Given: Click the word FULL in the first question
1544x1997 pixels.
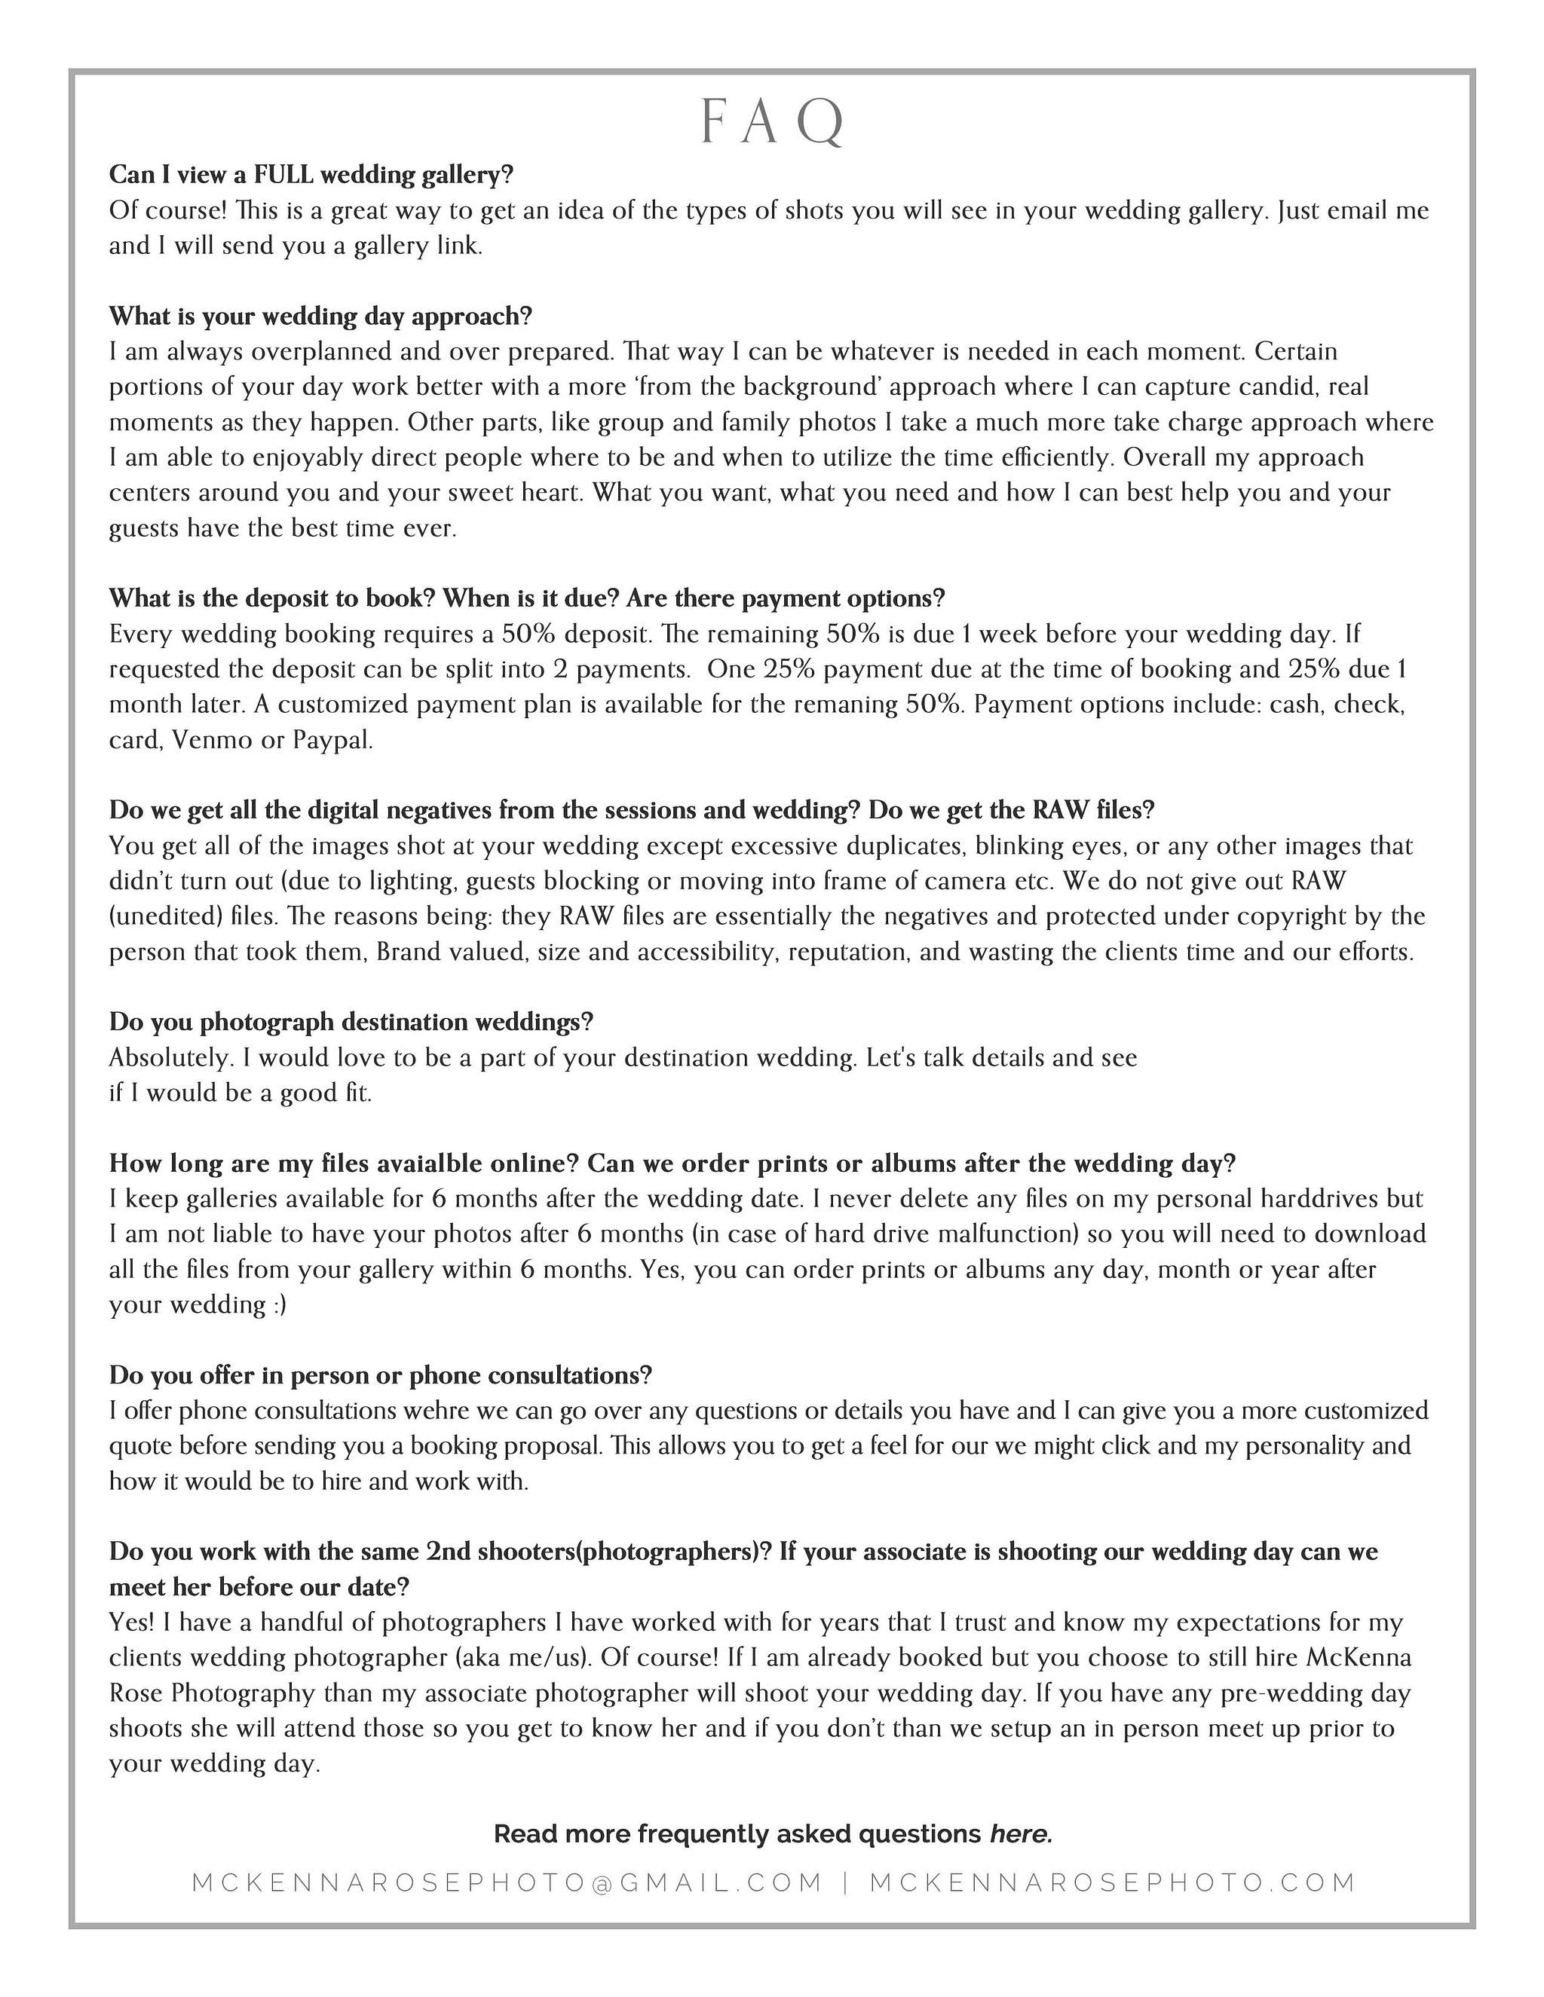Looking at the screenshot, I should click(286, 174).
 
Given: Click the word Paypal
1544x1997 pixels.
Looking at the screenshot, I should click(333, 741).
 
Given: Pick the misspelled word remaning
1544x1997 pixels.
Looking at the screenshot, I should click(845, 704).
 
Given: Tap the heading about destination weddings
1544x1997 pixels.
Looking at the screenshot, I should click(351, 1021).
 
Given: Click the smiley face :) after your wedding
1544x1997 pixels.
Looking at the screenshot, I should click(280, 1304).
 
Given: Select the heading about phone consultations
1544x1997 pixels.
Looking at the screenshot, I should click(380, 1375).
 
